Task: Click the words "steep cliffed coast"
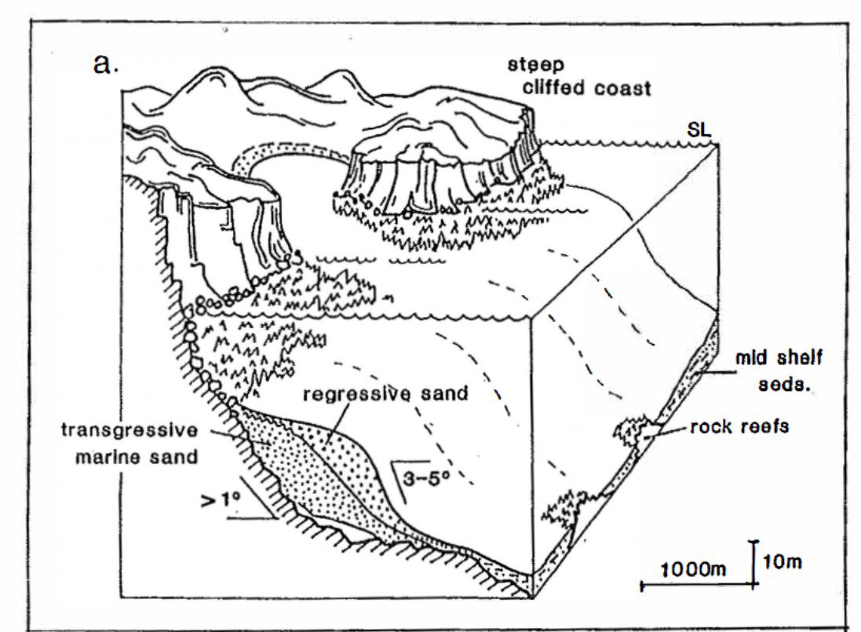click(578, 77)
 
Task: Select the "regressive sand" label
click(385, 393)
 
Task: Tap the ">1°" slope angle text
click(221, 500)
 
